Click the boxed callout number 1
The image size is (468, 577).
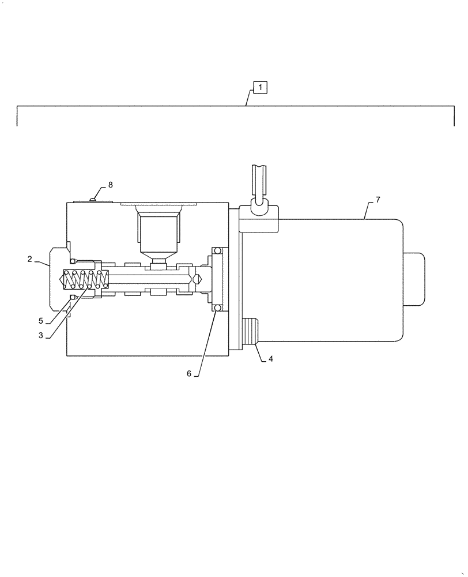click(260, 88)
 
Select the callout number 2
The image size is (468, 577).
click(29, 259)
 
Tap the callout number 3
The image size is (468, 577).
click(41, 334)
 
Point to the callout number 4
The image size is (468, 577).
click(270, 358)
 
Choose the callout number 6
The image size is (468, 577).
click(188, 373)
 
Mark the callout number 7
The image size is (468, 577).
click(378, 200)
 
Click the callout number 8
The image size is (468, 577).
click(110, 185)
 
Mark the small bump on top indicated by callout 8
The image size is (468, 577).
click(93, 200)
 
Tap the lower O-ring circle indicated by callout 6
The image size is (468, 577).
click(217, 309)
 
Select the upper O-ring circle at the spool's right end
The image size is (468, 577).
click(217, 250)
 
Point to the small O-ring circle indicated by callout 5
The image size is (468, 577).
click(71, 297)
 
